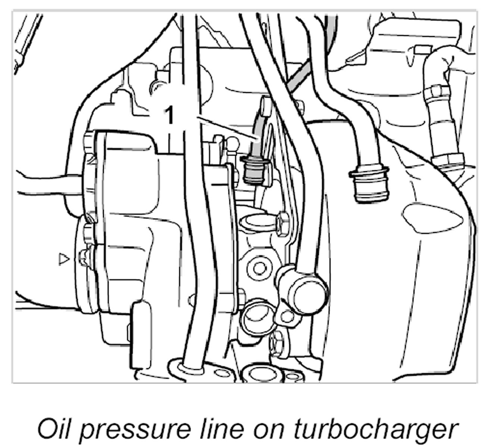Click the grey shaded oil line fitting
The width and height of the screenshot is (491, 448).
(253, 170)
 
